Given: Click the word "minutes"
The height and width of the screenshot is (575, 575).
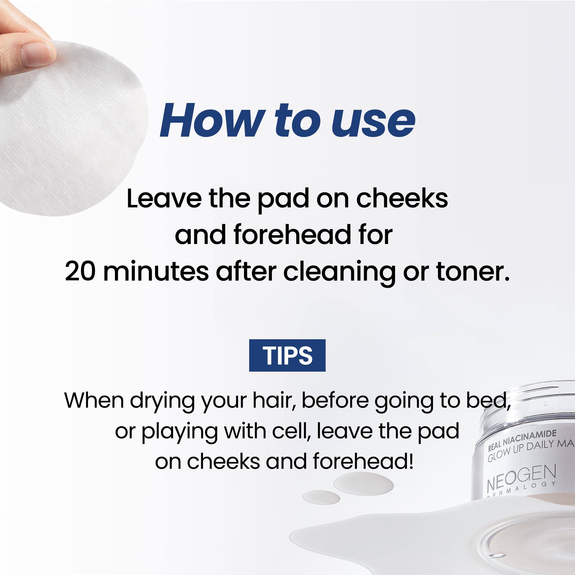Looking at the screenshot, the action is tap(156, 271).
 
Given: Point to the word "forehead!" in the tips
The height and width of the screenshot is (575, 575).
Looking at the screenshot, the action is tap(363, 461).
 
